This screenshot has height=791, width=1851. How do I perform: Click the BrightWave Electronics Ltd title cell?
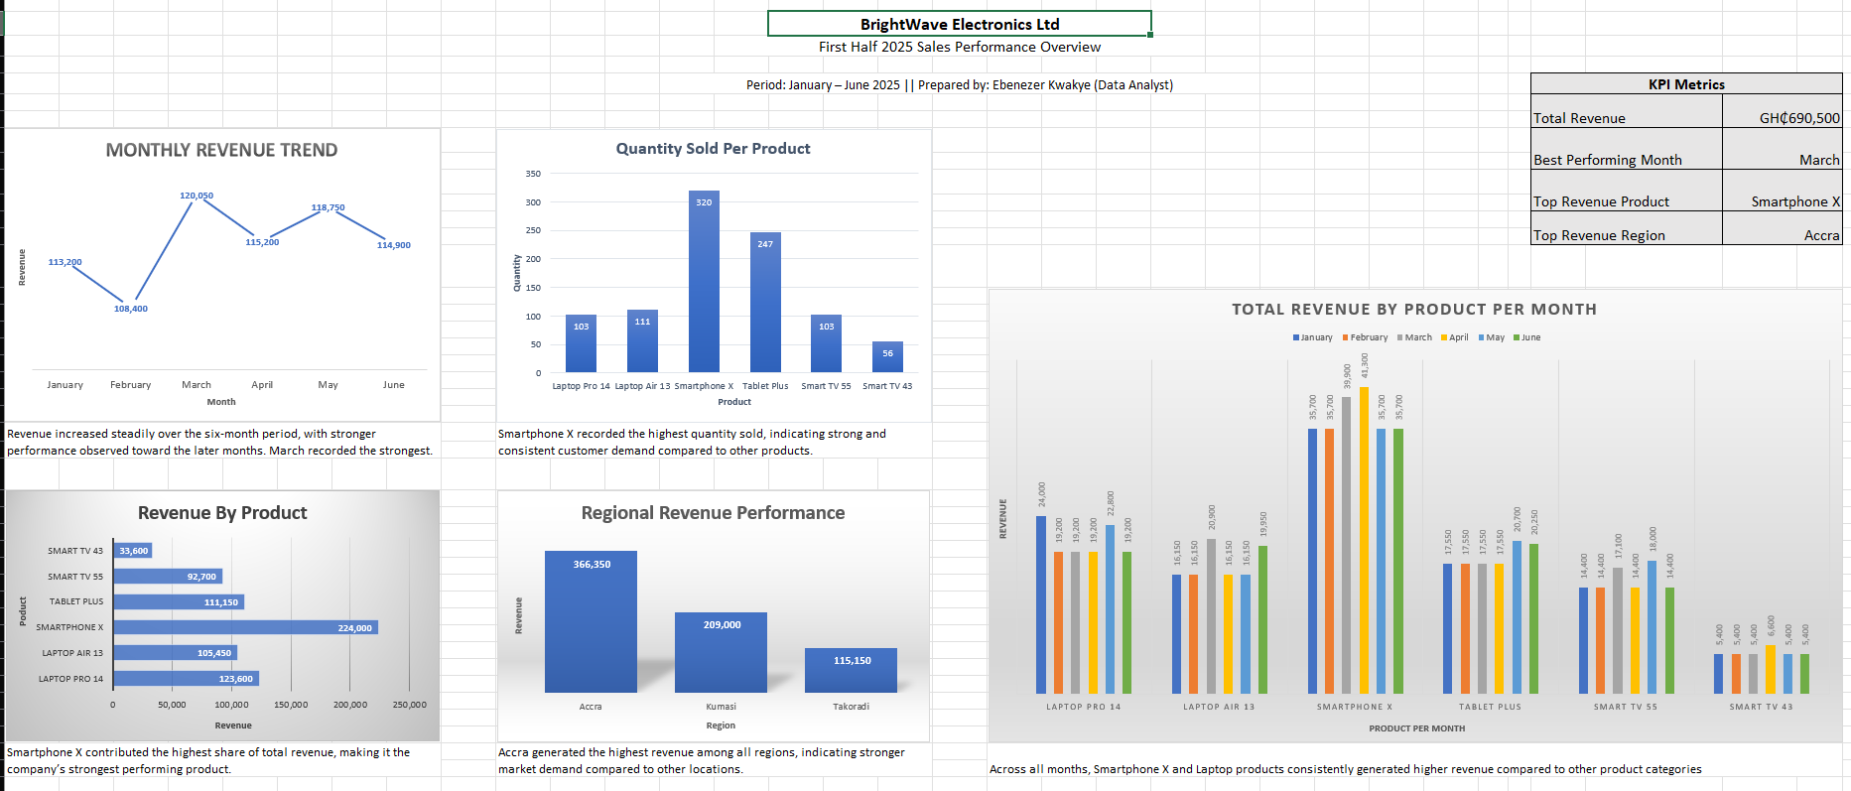[x=959, y=24]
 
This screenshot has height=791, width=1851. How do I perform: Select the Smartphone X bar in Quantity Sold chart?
[x=704, y=282]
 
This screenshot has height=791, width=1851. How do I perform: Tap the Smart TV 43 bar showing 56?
[x=887, y=357]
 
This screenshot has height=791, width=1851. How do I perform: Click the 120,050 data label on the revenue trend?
[x=197, y=196]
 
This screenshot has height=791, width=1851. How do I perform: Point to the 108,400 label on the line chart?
[x=130, y=309]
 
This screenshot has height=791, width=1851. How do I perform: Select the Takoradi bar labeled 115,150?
[x=851, y=671]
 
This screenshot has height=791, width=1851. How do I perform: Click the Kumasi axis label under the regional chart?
[x=721, y=707]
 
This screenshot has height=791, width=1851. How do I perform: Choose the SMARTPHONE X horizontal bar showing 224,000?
[x=245, y=627]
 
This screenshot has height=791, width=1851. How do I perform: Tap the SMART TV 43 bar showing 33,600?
[x=133, y=551]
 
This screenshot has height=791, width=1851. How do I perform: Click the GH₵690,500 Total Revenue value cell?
[x=1782, y=118]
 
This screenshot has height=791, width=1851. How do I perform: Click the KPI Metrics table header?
[x=1685, y=84]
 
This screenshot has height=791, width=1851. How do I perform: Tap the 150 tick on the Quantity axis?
[x=533, y=288]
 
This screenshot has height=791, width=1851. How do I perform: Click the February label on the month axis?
[x=130, y=385]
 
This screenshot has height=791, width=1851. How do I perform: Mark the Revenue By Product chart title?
[x=222, y=513]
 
